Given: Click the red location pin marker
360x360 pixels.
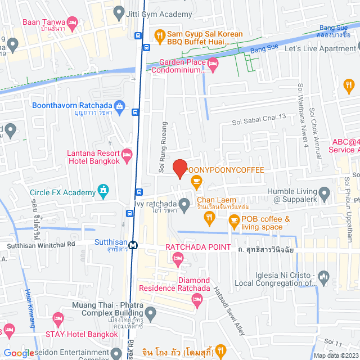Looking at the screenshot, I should [x=179, y=168].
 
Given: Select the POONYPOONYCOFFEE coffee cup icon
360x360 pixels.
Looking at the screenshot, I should [x=196, y=181].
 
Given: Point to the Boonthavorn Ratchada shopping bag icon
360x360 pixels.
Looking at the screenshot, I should [x=119, y=105].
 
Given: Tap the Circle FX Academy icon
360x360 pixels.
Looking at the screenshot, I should [x=103, y=192].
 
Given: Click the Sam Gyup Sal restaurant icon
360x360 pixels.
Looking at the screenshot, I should [x=160, y=34].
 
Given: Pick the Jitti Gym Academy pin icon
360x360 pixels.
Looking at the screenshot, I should [x=118, y=12].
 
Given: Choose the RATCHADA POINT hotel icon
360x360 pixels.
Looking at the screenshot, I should [x=178, y=258].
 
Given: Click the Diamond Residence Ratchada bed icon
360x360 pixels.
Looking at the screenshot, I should [x=197, y=300].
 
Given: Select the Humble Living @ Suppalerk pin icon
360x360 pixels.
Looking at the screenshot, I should [x=323, y=192].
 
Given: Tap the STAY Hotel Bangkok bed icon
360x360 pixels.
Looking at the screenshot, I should [x=57, y=319].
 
